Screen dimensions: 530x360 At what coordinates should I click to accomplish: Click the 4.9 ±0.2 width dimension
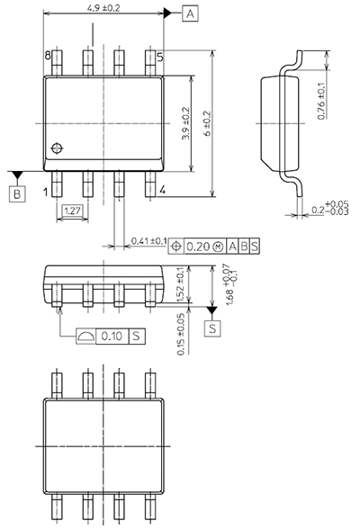104,7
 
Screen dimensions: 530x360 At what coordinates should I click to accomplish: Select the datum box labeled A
190,13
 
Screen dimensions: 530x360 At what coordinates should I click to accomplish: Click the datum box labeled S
212,328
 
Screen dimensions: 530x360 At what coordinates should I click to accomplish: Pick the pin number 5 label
159,57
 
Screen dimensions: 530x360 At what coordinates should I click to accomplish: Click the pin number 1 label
47,191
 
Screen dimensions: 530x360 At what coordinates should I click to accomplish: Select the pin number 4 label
162,191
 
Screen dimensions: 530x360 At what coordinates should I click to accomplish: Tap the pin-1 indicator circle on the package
59,148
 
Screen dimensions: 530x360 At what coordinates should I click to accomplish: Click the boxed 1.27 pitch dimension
74,212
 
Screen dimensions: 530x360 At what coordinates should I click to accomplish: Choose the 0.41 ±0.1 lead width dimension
148,241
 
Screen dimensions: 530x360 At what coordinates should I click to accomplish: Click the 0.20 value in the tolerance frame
198,246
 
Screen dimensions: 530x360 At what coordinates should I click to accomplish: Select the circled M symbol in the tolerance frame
217,246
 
